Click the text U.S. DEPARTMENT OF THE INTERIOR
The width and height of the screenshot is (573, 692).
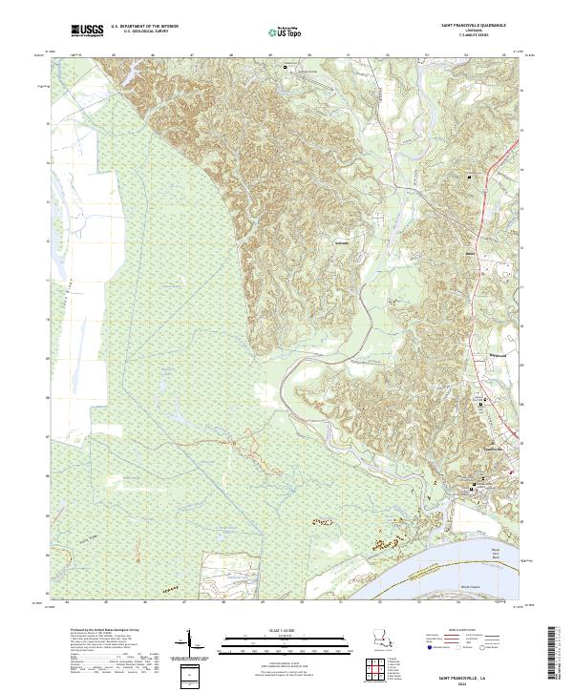tap(144, 28)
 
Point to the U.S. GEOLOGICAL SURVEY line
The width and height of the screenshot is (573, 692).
tap(144, 32)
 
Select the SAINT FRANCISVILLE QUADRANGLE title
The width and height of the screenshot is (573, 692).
tap(472, 27)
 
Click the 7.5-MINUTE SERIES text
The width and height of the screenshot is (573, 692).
tap(472, 36)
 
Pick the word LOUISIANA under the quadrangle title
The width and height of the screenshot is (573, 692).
tap(472, 31)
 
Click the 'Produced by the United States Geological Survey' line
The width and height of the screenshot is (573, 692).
tap(105, 630)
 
